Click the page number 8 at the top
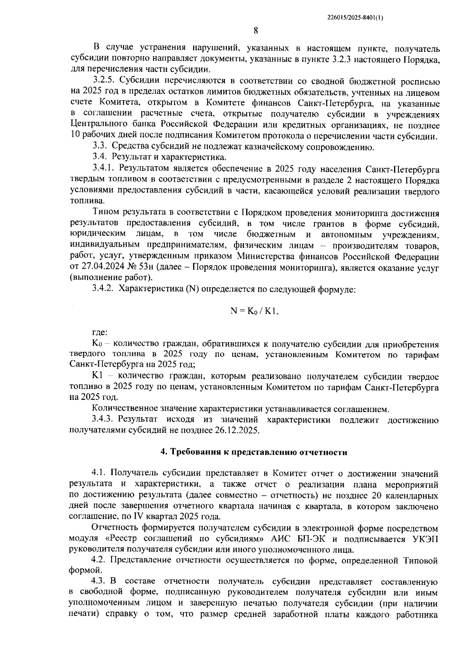click(x=256, y=31)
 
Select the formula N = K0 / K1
click(x=255, y=311)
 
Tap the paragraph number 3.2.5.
click(x=104, y=82)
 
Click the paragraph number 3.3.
click(x=100, y=147)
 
